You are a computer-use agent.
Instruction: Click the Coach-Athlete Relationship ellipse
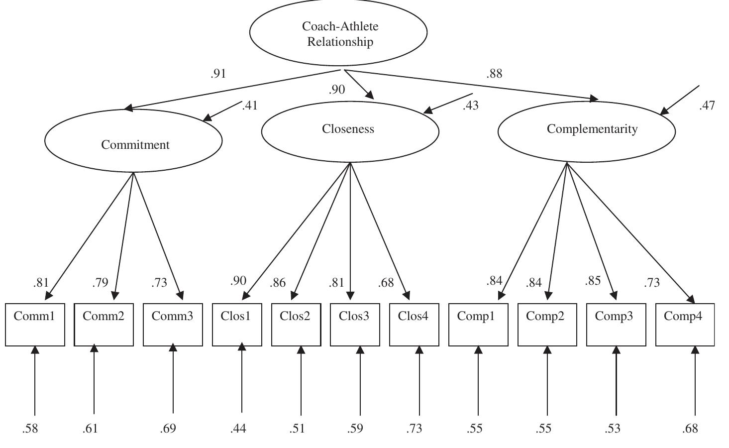coord(338,33)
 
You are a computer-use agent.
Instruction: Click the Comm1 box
coord(35,324)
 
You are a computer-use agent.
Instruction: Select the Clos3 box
coord(355,324)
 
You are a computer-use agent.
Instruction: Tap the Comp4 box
coord(685,324)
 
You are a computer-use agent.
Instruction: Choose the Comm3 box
coord(173,324)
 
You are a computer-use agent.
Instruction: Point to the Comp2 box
coord(547,324)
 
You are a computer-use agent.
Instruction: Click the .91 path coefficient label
coord(218,74)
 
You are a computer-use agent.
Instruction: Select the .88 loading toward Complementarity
coord(494,74)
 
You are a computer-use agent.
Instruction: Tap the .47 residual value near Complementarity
coord(707,106)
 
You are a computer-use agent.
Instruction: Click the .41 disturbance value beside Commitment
coord(250,106)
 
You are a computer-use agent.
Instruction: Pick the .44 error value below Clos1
coord(238,428)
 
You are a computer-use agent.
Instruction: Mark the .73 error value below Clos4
coord(414,428)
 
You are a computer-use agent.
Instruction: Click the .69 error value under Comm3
coord(168,428)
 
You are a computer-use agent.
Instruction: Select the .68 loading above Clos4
coord(386,283)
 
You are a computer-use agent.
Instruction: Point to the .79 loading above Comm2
coord(100,283)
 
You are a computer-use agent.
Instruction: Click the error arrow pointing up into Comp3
coord(616,381)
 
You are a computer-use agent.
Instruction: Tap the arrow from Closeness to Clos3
coord(350,229)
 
